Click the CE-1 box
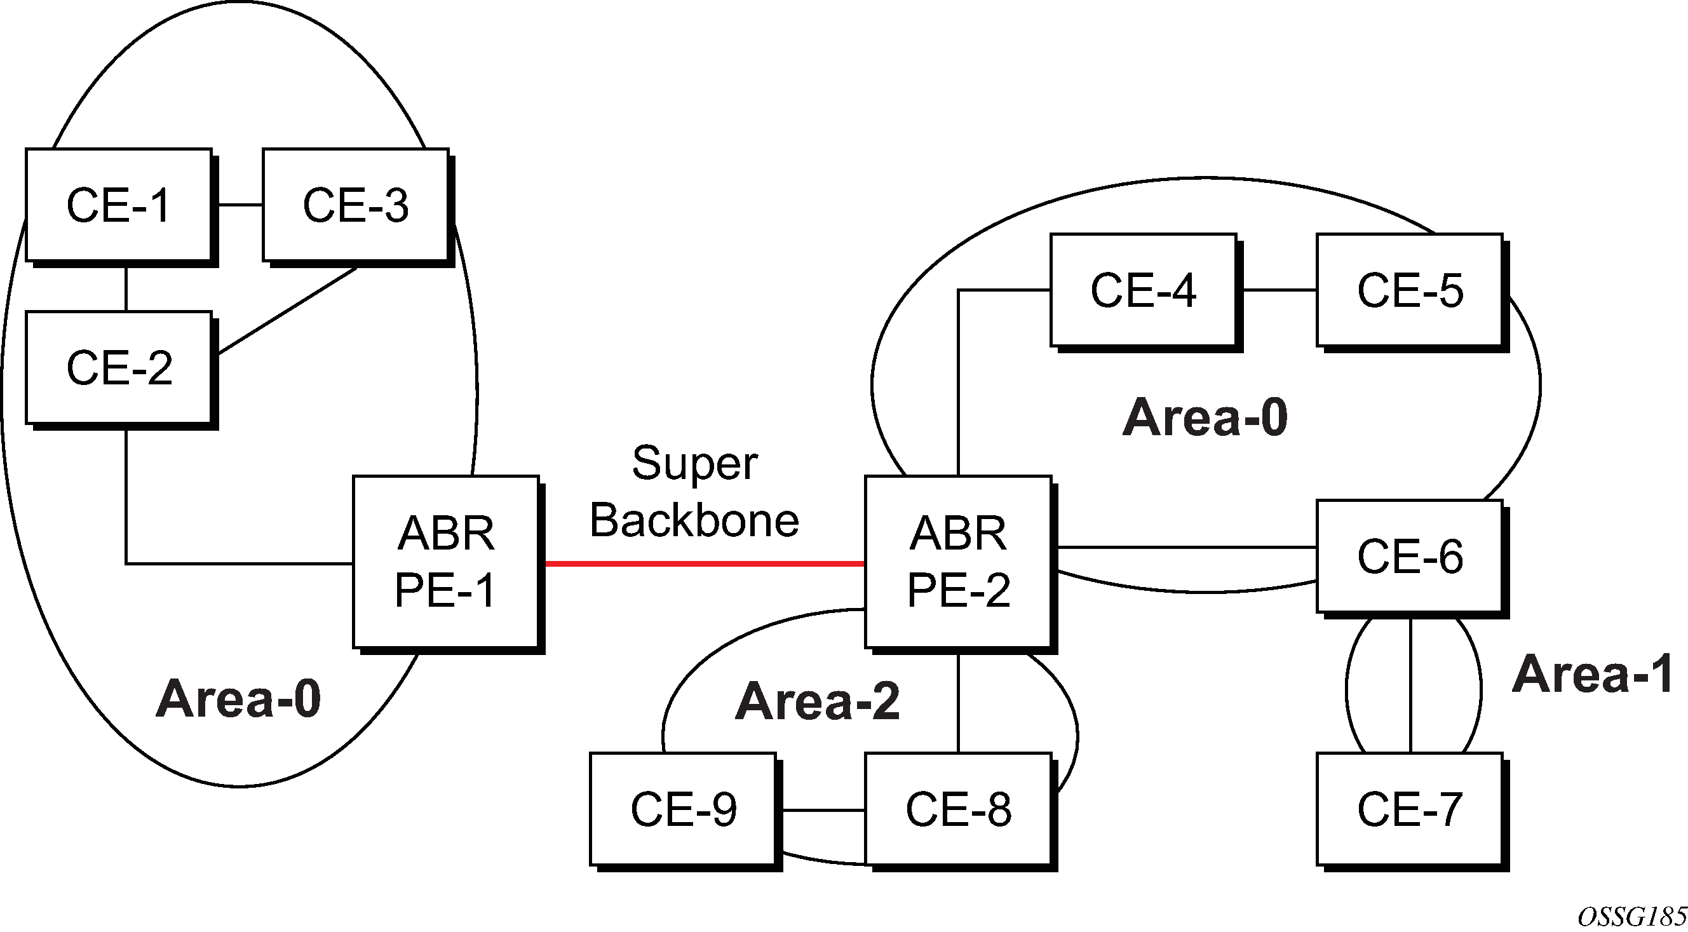tap(119, 205)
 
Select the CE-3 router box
tap(356, 205)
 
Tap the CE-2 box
tap(119, 367)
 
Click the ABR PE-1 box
tap(445, 562)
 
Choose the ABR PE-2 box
tap(958, 562)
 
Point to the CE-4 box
tap(1144, 290)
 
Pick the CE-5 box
tap(1410, 290)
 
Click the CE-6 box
tap(1410, 557)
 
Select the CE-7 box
tap(1410, 809)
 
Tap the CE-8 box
tap(958, 809)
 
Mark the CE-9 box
tap(683, 809)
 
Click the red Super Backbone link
tap(705, 564)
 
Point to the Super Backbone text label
tap(694, 492)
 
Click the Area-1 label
tap(1592, 674)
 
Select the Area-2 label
tap(817, 701)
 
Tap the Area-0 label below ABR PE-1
tap(238, 699)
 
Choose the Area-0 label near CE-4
tap(1205, 417)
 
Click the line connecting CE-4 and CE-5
tap(1276, 290)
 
